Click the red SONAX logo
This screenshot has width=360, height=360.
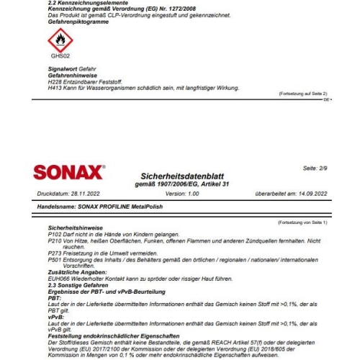click(69, 173)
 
